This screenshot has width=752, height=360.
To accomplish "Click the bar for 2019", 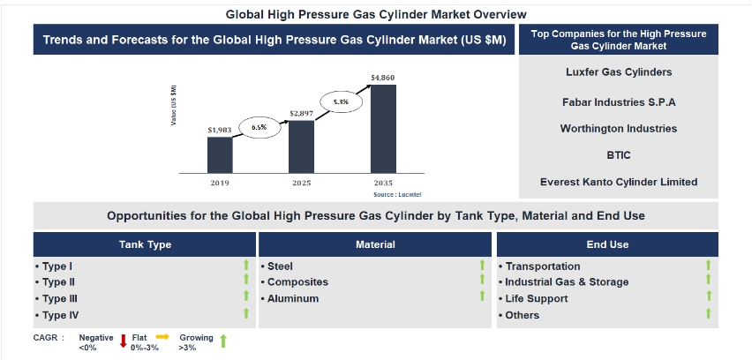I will tap(220, 154).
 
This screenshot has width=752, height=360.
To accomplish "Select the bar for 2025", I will tap(302, 146).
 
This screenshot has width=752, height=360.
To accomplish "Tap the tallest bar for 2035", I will tap(383, 129).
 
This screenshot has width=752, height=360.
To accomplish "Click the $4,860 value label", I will tap(383, 78).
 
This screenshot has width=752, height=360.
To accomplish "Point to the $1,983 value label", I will tap(220, 130).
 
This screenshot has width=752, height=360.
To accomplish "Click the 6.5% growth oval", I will tap(259, 127).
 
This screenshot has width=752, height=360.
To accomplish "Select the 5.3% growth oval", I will tap(341, 102).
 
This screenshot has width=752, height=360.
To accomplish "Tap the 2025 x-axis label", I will tap(302, 183).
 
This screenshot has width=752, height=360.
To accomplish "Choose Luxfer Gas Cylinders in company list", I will tap(618, 72).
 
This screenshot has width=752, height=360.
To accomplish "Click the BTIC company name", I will tap(618, 154).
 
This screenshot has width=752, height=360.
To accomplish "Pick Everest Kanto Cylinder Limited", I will tap(618, 182).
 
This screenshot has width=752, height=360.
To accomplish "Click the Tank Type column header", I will tap(145, 244).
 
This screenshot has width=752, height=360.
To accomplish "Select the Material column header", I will tap(375, 244).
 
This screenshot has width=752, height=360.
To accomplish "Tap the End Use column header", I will tap(607, 244).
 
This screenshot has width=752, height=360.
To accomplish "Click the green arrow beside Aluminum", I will tap(482, 297).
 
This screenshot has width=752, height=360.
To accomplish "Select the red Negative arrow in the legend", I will tap(124, 339).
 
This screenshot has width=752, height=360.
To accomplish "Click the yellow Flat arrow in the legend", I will tap(163, 336).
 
